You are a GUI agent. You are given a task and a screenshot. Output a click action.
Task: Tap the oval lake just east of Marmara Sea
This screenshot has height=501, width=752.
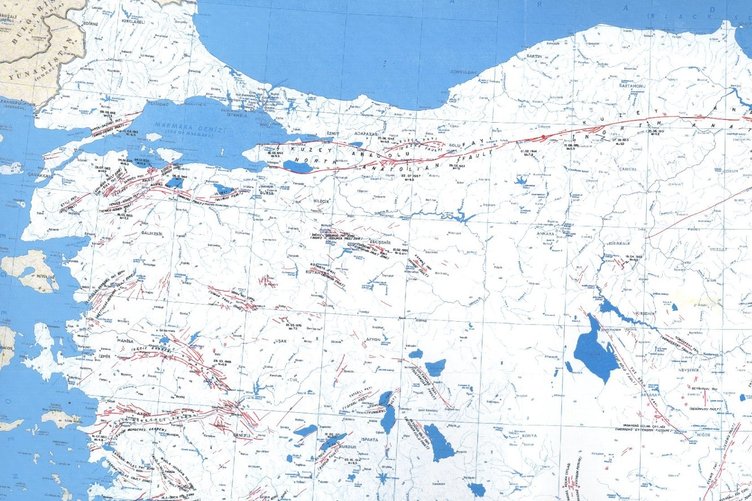coord(297,167)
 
